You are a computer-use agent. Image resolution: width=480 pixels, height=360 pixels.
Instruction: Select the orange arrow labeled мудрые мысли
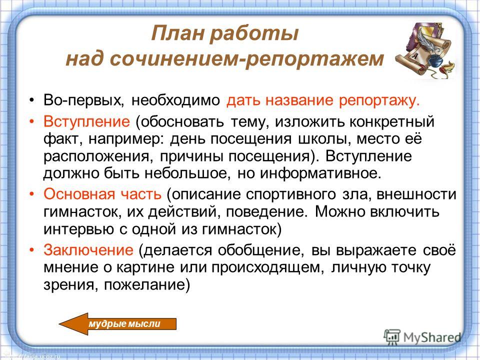point(117,324)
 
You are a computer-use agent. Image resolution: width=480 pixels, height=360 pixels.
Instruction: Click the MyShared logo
point(422,337)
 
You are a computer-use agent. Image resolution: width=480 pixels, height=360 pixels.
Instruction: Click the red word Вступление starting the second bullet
point(86,121)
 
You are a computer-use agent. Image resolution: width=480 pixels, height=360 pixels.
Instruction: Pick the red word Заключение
point(88,250)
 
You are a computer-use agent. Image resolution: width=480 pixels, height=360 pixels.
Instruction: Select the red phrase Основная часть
point(102,194)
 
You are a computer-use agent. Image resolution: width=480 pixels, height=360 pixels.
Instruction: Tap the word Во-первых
point(83,100)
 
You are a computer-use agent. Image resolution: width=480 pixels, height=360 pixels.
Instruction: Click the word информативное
point(320,173)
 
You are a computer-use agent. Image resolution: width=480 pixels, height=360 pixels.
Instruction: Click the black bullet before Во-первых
point(31,100)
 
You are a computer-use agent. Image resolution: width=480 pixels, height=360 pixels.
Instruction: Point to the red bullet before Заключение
point(31,250)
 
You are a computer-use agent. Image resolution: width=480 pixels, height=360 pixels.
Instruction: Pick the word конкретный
point(392,122)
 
